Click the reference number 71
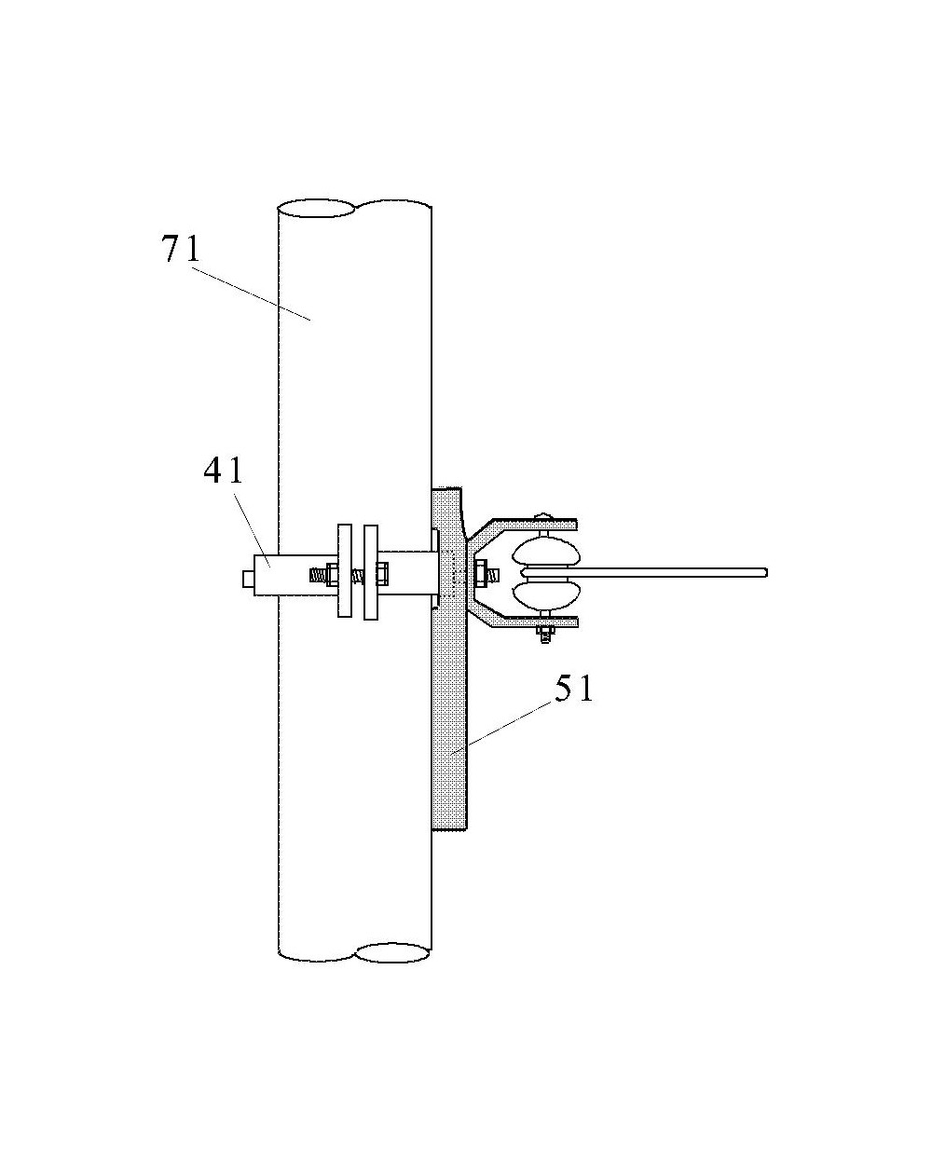coord(180,249)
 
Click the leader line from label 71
coord(252,294)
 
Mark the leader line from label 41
coord(251,526)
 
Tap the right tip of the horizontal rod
coord(766,572)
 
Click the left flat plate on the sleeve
coord(344,570)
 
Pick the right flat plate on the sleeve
coord(371,572)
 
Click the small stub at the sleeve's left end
coord(248,579)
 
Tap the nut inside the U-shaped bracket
coord(480,573)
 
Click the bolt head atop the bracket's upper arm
coord(544,517)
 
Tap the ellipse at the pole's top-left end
coord(316,208)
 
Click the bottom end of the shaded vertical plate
coord(449,828)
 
